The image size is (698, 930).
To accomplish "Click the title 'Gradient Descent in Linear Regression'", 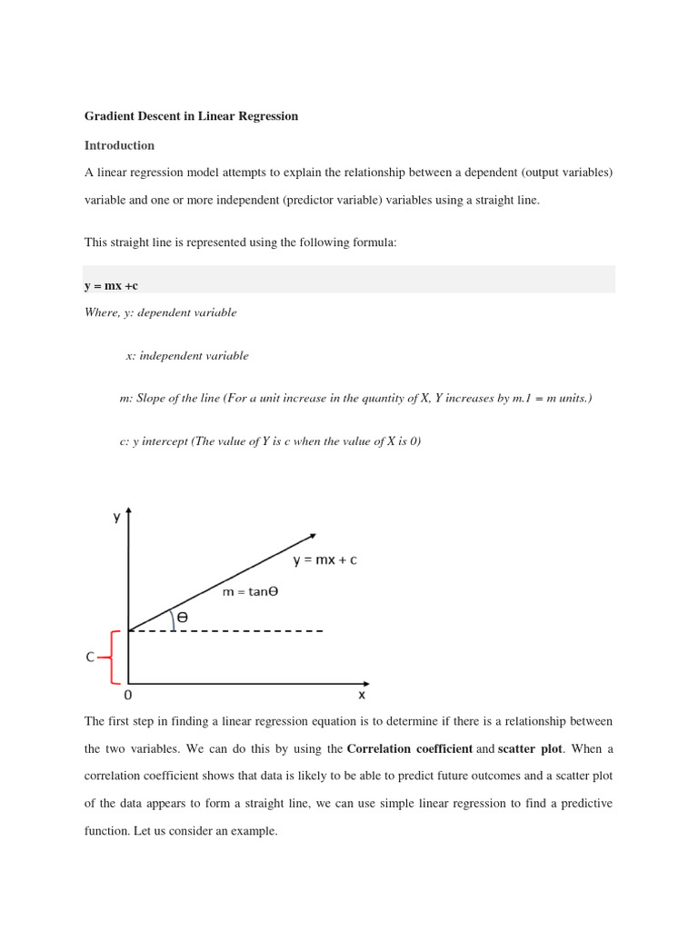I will pos(191,116).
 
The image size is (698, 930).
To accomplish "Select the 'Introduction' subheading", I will pos(119,145).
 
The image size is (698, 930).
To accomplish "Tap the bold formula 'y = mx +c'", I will pos(111,286).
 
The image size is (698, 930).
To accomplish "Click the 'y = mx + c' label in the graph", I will pos(324,560).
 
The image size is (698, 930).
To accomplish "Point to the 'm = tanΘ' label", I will pos(250,592).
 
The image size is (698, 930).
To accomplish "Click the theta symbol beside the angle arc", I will pos(183,618).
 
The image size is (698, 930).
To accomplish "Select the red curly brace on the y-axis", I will pos(114,657).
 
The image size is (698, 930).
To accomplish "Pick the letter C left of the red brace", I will pos(90,657).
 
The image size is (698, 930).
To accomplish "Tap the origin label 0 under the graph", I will pos(127,696).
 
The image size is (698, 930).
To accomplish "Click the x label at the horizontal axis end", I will pos(362,696).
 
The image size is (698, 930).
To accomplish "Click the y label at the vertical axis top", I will pos(116,517).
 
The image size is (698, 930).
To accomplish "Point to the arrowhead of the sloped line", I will pos(313,536).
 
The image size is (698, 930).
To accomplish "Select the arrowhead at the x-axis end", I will pos(366,683).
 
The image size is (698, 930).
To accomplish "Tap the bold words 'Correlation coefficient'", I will pos(409,749).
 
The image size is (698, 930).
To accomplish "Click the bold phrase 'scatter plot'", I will pos(530,749).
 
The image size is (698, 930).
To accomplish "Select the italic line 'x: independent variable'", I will pos(186,356).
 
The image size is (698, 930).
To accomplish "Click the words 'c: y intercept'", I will pos(154,441).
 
